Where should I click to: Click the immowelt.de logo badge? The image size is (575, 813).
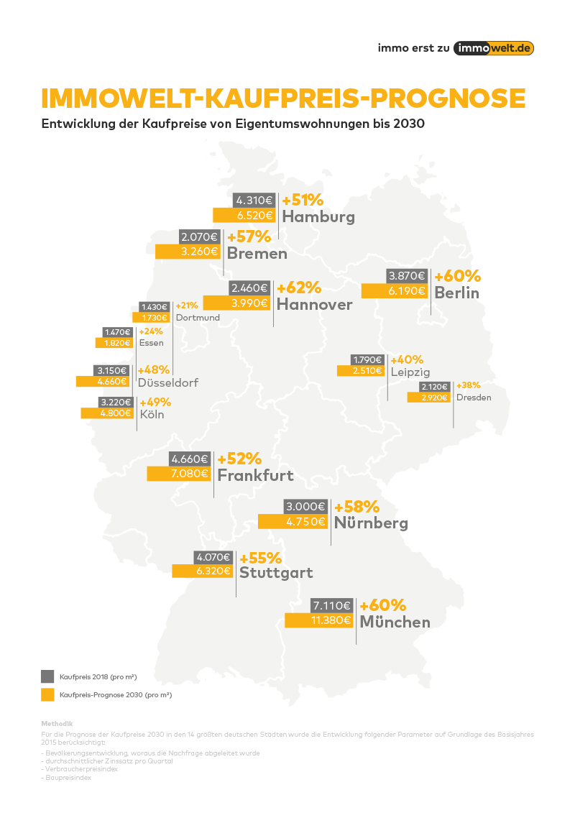(494, 47)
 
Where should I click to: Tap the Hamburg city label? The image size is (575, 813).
(318, 216)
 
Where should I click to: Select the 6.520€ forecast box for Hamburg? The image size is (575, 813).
(244, 215)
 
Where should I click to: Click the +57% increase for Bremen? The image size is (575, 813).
(249, 236)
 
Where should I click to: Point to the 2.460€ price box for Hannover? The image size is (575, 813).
(249, 288)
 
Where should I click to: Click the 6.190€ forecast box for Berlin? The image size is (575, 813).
(395, 291)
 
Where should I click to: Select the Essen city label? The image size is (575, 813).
(152, 343)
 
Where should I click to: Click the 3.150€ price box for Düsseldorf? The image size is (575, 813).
(112, 370)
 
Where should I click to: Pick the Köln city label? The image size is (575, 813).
(152, 414)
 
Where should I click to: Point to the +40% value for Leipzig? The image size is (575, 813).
(408, 359)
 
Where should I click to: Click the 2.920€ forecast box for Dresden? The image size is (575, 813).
(428, 397)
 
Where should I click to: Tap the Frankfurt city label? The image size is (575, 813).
(255, 475)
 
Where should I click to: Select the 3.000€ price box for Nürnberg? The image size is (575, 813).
(307, 506)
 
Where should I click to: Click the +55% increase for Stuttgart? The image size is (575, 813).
(260, 558)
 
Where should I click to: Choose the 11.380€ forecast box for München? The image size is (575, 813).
(318, 620)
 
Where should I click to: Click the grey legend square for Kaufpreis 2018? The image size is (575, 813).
(48, 676)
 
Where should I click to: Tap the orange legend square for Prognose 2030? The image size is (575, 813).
(48, 694)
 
